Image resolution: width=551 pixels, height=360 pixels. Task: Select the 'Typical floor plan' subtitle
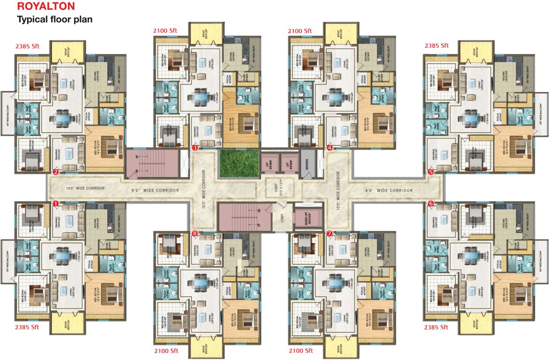[54, 20]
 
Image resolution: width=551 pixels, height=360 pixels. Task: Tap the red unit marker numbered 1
[55, 204]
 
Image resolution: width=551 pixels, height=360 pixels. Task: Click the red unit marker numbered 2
[55, 172]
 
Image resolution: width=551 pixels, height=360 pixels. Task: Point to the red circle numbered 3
[195, 148]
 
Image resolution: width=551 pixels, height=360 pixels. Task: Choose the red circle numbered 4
[330, 148]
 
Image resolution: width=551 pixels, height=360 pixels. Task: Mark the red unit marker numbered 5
[431, 172]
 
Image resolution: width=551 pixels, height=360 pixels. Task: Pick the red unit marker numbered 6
[431, 203]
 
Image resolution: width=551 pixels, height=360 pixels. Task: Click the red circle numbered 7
[330, 233]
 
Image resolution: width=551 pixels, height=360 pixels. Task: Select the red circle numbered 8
[195, 233]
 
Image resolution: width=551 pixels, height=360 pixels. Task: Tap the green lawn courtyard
[239, 163]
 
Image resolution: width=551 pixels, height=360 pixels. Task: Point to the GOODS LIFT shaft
[307, 218]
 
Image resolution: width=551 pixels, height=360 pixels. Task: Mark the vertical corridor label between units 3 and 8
[204, 189]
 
